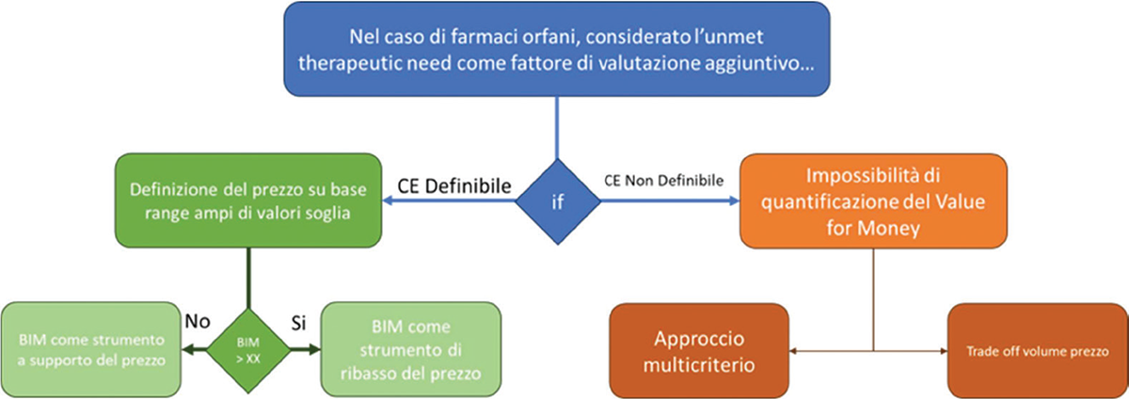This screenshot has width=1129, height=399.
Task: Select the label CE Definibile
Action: (454, 186)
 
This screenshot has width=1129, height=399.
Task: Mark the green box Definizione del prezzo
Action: (247, 199)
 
